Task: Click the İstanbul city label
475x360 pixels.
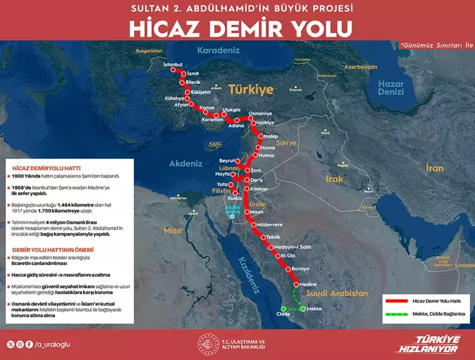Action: coord(173,64)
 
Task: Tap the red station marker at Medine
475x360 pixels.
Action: coord(296,284)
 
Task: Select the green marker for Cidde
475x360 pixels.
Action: coord(283,309)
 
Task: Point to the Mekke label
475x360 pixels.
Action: coord(315,309)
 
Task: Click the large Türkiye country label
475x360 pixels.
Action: coord(250,89)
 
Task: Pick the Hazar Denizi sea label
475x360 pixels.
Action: coord(390,88)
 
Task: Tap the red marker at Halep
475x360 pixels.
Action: coord(260,137)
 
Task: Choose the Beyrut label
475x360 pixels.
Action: coord(228,160)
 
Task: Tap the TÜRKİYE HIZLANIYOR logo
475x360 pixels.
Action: coord(437,343)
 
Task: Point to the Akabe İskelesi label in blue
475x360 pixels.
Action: coord(233,210)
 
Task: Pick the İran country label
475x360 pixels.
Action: coord(435,167)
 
